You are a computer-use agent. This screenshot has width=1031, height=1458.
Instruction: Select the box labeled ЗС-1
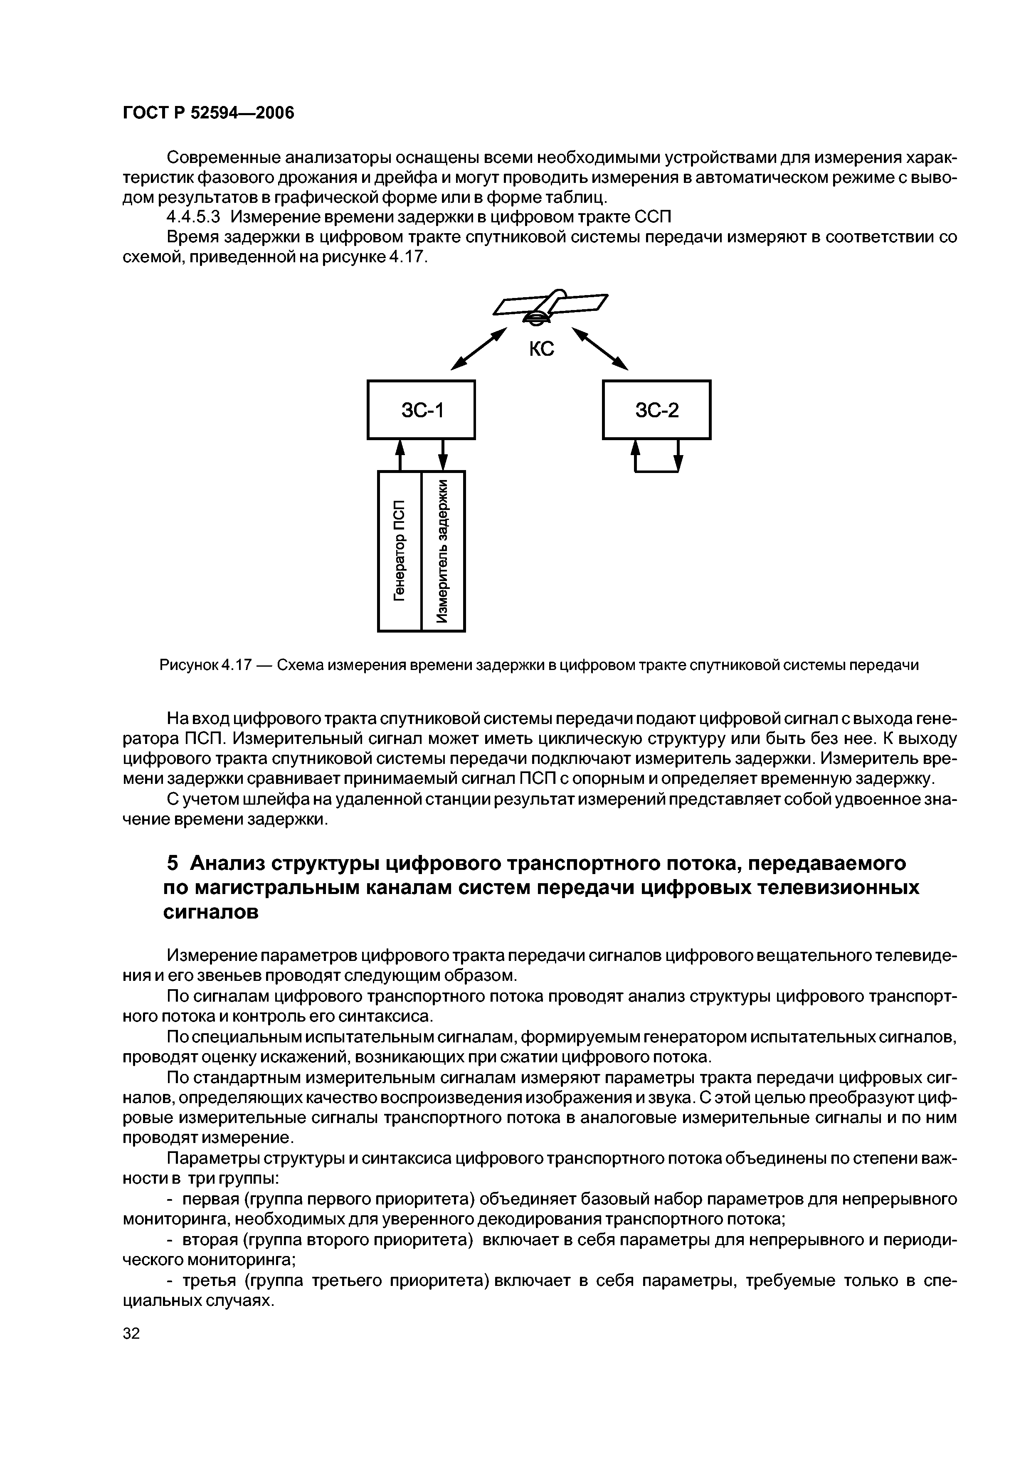click(x=421, y=409)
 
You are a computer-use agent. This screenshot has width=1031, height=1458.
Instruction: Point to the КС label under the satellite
click(x=541, y=349)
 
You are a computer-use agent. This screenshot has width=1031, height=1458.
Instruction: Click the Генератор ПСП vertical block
click(x=400, y=551)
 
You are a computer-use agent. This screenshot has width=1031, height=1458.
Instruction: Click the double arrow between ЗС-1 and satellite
click(x=479, y=349)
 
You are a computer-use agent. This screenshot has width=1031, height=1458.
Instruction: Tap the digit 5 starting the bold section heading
click(x=172, y=864)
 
